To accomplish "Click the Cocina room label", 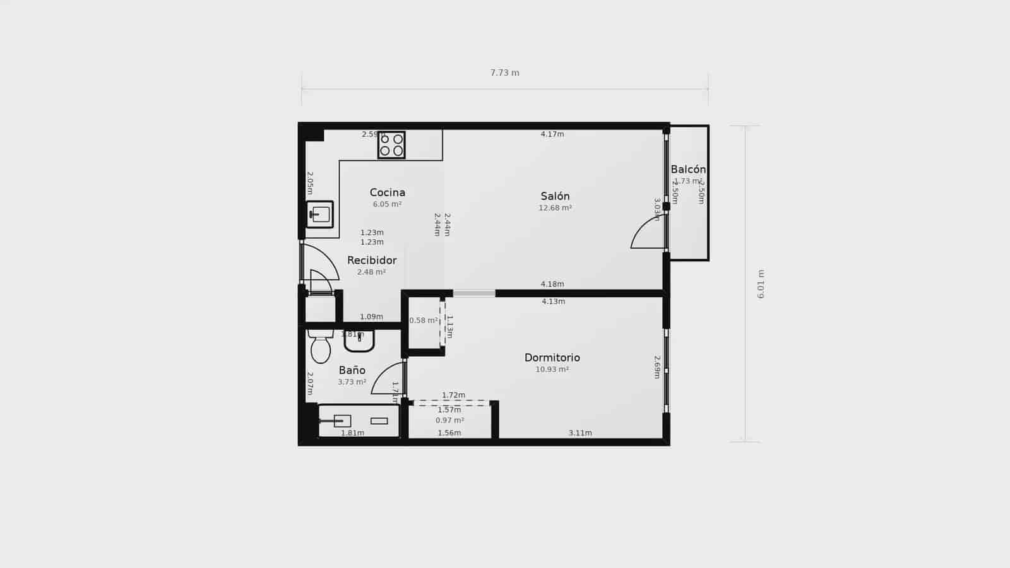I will (388, 192).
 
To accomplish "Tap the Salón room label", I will (555, 196).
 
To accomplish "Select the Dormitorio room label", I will (552, 358).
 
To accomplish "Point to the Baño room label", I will (352, 370).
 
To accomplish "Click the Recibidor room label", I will (372, 260).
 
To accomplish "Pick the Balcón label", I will (688, 169).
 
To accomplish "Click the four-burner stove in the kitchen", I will (391, 145).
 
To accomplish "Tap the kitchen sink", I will (320, 215).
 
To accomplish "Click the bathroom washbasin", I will (359, 341).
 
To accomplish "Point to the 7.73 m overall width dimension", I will (505, 73).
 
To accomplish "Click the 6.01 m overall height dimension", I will (761, 284).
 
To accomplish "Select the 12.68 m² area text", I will (555, 208).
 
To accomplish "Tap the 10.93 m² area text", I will (552, 369).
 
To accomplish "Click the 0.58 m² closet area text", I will (423, 321).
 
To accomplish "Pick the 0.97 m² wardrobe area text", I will (449, 420).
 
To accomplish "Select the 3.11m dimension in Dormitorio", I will (580, 433).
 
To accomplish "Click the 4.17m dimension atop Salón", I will (552, 134).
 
